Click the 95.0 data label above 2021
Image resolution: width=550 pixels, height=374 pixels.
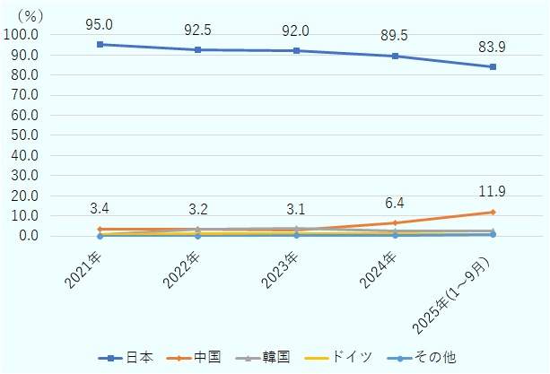99,24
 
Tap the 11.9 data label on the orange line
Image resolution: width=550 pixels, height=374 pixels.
493,191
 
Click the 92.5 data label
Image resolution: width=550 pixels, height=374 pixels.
197,30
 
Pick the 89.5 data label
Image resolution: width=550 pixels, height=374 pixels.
394,36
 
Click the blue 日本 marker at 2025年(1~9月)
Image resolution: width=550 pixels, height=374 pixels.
493,66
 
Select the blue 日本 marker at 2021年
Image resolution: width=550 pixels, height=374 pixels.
99,44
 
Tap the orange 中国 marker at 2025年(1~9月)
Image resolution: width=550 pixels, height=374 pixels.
493,213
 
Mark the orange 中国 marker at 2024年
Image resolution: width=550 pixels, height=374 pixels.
394,223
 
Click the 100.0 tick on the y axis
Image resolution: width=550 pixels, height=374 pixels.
21,35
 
